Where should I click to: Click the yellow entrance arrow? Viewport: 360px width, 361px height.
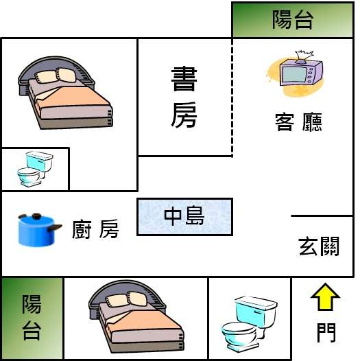point(325,297)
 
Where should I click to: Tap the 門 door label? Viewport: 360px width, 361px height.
point(326,332)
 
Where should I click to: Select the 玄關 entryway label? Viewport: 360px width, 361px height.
point(319,246)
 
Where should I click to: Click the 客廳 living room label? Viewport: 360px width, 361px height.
point(298,122)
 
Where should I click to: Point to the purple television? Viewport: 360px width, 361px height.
point(301,72)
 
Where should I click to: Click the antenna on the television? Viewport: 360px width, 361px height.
point(304,56)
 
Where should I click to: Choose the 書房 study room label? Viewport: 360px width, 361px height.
point(184,97)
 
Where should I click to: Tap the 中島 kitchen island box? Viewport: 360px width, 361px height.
point(184,217)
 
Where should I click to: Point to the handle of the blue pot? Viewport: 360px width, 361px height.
point(55,227)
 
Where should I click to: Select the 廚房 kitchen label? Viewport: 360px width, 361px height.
point(95,229)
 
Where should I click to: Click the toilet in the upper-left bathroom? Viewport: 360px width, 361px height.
point(35,169)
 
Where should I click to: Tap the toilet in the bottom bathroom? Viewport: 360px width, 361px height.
point(249,324)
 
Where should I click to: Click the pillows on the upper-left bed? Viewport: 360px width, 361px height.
point(56,75)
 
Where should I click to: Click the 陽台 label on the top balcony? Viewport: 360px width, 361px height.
point(293,20)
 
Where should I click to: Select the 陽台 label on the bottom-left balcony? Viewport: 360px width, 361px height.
point(32,318)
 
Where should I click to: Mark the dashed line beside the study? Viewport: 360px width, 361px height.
point(232,97)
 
